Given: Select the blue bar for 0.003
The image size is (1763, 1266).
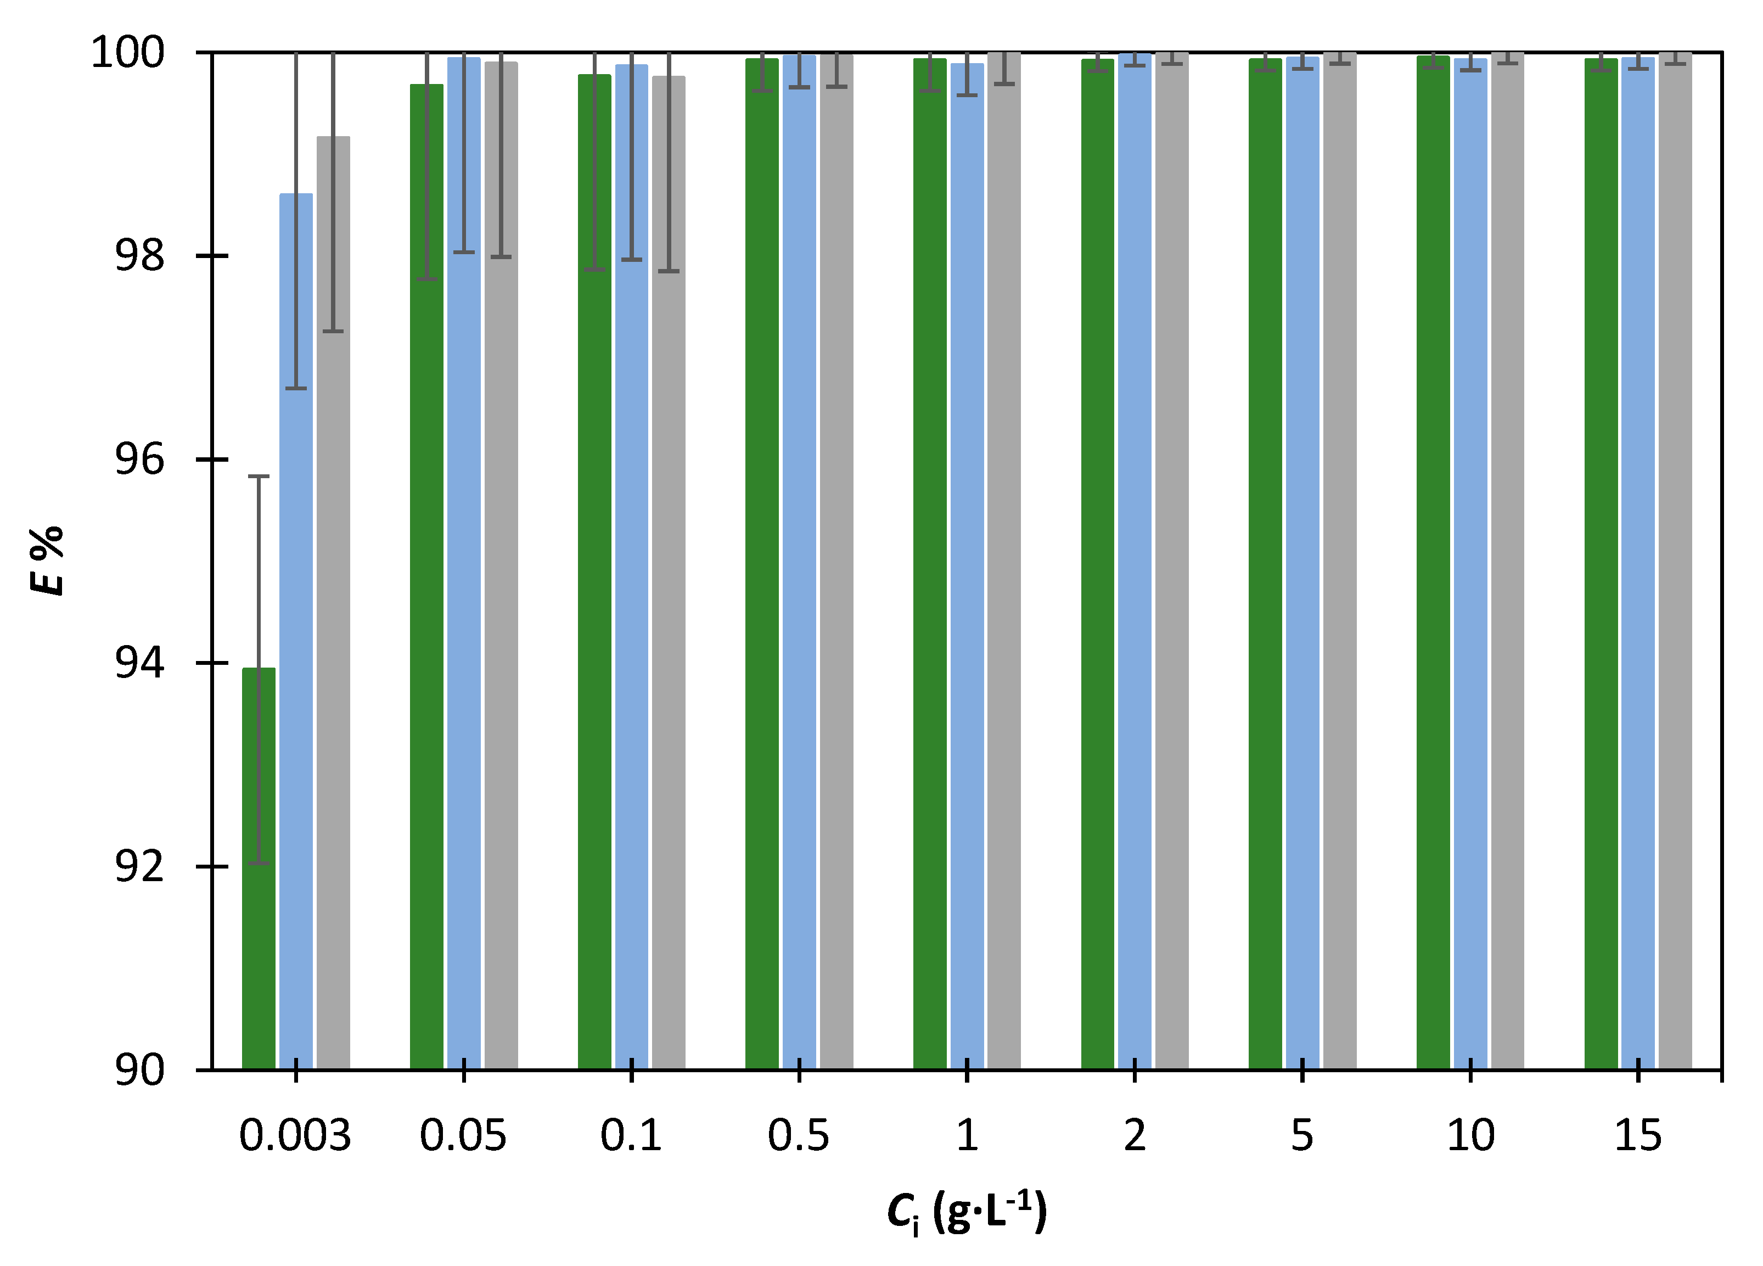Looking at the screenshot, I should click(x=295, y=700).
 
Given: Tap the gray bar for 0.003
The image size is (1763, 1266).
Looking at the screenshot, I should click(x=333, y=661).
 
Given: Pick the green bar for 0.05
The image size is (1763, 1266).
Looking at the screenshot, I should click(x=426, y=622).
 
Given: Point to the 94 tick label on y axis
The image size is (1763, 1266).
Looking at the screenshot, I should click(x=140, y=663).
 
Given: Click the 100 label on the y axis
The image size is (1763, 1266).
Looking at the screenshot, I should click(x=128, y=53).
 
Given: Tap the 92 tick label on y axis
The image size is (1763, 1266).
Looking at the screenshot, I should click(x=140, y=866).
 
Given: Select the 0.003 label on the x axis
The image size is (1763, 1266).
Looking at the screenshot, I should click(x=295, y=1136).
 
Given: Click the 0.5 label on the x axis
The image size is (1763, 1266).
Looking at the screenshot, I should click(x=798, y=1136).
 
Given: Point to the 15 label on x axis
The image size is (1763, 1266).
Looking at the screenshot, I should click(x=1637, y=1136).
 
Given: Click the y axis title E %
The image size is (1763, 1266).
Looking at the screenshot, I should click(x=47, y=560).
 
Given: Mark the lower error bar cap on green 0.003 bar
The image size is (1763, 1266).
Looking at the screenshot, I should click(x=258, y=863).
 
